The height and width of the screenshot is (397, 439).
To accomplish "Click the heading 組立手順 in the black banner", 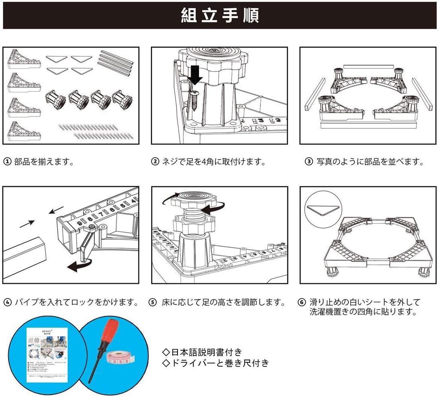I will pyautogui.click(x=219, y=15).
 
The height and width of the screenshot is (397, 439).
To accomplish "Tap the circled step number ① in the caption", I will pyautogui.click(x=7, y=162).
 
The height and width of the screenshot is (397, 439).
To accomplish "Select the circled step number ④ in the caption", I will pyautogui.click(x=7, y=302).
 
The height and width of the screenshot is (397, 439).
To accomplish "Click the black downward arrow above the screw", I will pyautogui.click(x=196, y=75).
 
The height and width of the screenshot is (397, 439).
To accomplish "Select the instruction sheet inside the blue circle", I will pyautogui.click(x=47, y=355).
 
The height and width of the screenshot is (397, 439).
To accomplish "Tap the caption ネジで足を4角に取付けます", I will pyautogui.click(x=213, y=162).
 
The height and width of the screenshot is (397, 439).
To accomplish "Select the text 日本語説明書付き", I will pyautogui.click(x=202, y=352).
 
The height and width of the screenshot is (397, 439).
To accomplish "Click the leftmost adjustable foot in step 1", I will pyautogui.click(x=55, y=100).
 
